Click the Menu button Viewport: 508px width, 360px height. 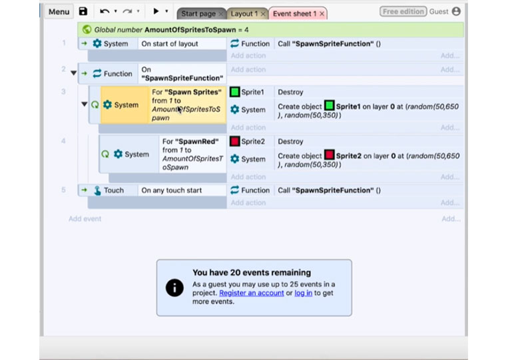pyautogui.click(x=59, y=12)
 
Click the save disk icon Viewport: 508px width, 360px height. pyautogui.click(x=83, y=11)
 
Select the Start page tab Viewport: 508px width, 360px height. pyautogui.click(x=198, y=13)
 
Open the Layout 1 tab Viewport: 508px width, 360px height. pyautogui.click(x=244, y=13)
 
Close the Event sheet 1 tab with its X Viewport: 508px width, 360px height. pyautogui.click(x=322, y=13)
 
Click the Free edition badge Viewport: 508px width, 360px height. pyautogui.click(x=403, y=12)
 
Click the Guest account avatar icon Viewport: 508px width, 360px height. pyautogui.click(x=456, y=11)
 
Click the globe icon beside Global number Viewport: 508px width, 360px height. pyautogui.click(x=87, y=29)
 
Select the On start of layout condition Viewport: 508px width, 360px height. pyautogui.click(x=169, y=44)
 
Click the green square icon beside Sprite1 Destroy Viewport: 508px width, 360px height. pyautogui.click(x=234, y=92)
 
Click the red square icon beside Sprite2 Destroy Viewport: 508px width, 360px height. pyautogui.click(x=234, y=141)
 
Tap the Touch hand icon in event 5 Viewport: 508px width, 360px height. pyautogui.click(x=97, y=190)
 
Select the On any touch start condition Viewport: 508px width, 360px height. pyautogui.click(x=171, y=190)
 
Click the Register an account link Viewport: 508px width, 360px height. pyautogui.click(x=252, y=293)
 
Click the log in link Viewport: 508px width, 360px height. pyautogui.click(x=303, y=293)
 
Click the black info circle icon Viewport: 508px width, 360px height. pyautogui.click(x=174, y=288)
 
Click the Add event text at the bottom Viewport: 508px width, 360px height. pyautogui.click(x=85, y=219)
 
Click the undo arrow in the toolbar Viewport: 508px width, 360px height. pyautogui.click(x=105, y=12)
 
